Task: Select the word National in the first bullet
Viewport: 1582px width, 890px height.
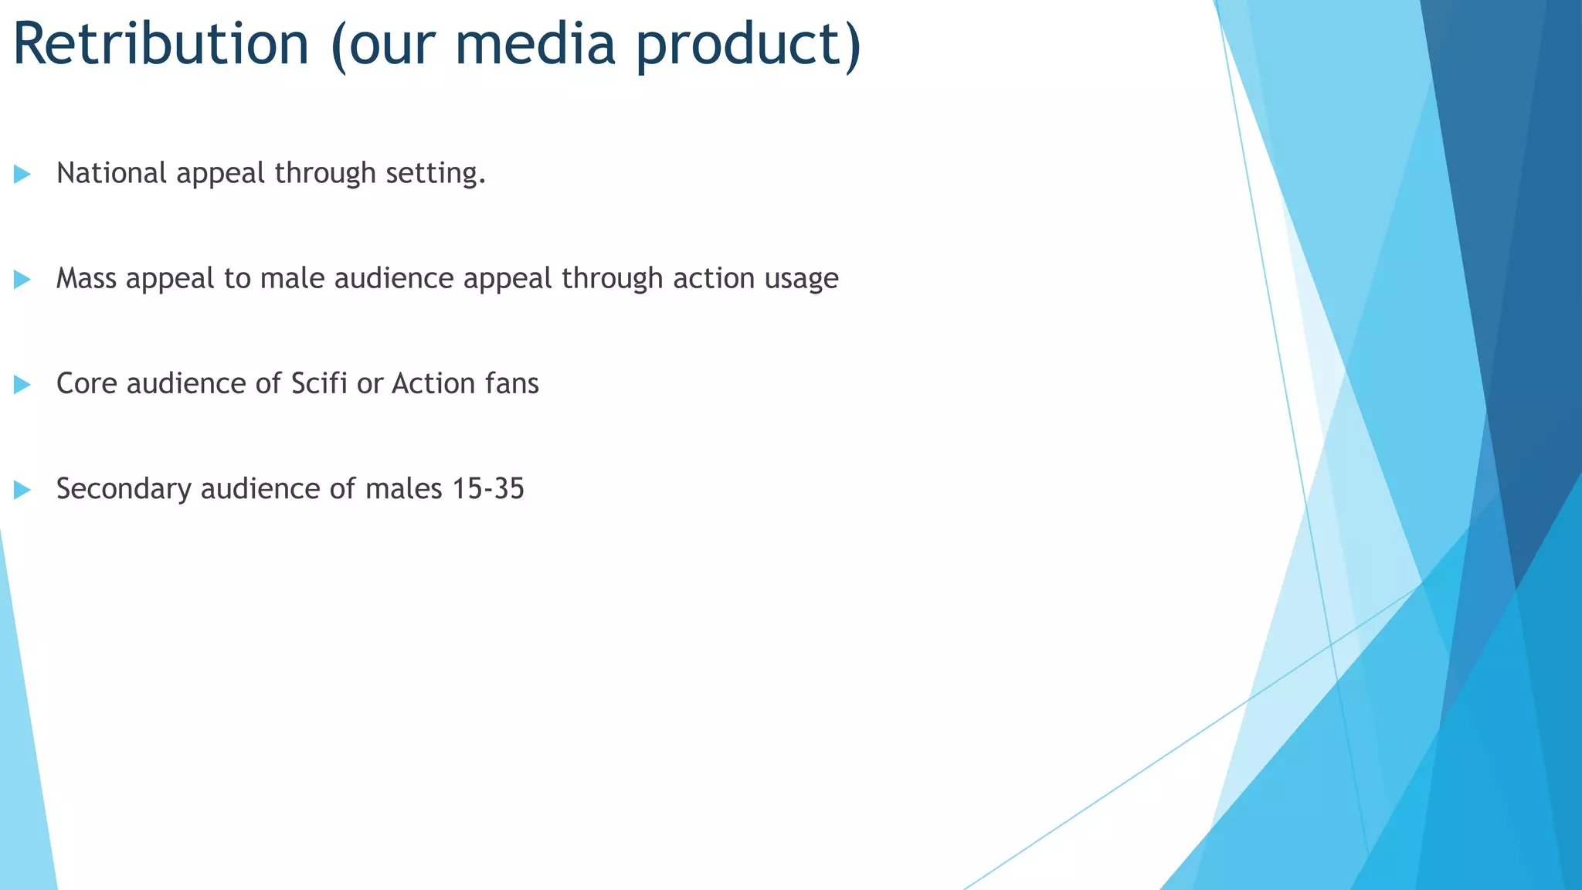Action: click(111, 173)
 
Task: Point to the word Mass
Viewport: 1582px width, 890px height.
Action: click(86, 278)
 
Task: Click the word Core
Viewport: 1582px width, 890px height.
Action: click(86, 383)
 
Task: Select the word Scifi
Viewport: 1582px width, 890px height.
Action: click(319, 383)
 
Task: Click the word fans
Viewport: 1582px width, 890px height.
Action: click(512, 383)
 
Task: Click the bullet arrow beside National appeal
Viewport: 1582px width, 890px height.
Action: click(22, 174)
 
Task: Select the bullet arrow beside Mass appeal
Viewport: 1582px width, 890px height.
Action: click(22, 279)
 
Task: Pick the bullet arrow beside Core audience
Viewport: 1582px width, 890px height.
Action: click(22, 384)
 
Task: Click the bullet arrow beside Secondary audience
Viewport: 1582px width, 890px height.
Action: click(22, 489)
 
